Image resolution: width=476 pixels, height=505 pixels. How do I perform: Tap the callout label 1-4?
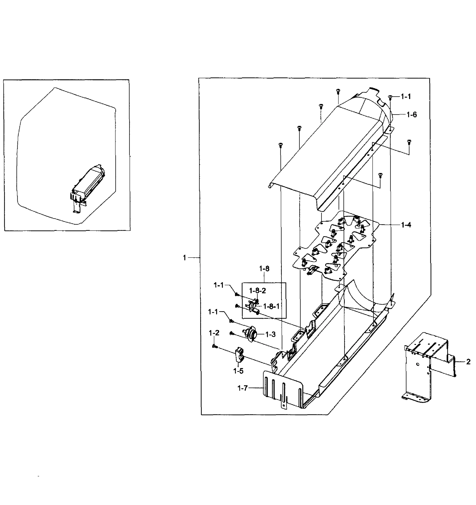pyautogui.click(x=406, y=225)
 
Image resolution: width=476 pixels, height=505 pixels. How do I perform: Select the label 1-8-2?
pyautogui.click(x=257, y=291)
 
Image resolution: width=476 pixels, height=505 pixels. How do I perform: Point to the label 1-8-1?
pyautogui.click(x=271, y=307)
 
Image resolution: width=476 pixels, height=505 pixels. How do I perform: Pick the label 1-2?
pyautogui.click(x=214, y=333)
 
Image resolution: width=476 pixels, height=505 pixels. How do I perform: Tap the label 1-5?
pyautogui.click(x=238, y=371)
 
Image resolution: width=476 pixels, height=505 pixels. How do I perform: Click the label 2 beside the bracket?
pyautogui.click(x=468, y=362)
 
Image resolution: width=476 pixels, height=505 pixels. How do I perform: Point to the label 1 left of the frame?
pyautogui.click(x=184, y=258)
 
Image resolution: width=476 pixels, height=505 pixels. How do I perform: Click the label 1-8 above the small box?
pyautogui.click(x=264, y=268)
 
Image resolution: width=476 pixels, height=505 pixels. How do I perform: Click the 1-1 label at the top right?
pyautogui.click(x=406, y=97)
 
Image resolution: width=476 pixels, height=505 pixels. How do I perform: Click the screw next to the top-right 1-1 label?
pyautogui.click(x=390, y=97)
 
